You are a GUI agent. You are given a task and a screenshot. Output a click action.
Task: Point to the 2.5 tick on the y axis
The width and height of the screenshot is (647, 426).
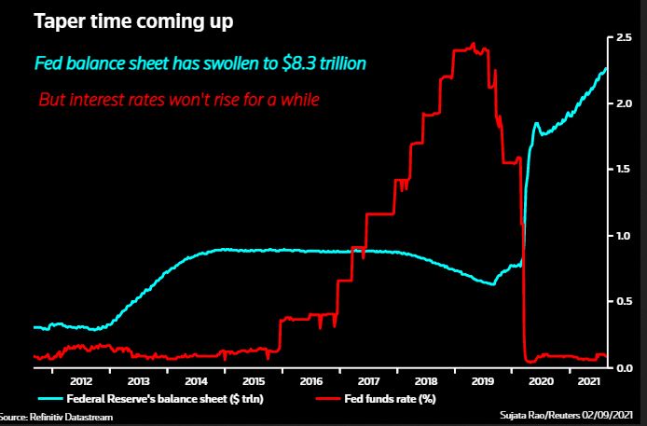(x=624, y=37)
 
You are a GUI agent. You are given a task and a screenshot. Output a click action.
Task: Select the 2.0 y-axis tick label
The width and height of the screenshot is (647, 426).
(x=624, y=103)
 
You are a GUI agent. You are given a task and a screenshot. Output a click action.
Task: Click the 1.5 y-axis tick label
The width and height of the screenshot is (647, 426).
(x=624, y=170)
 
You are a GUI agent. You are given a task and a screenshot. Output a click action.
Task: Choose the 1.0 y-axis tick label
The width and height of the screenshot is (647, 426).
(x=624, y=236)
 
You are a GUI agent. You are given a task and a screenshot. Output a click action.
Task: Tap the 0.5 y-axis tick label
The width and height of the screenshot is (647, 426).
(x=624, y=302)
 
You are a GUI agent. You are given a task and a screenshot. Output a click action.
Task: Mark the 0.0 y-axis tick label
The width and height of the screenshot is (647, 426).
(x=624, y=368)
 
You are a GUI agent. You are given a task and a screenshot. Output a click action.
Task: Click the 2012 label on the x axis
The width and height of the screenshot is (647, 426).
(x=80, y=380)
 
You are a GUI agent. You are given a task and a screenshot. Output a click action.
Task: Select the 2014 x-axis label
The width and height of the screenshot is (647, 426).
(x=195, y=380)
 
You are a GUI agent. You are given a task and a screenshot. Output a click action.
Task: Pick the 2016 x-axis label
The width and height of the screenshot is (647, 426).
(x=310, y=380)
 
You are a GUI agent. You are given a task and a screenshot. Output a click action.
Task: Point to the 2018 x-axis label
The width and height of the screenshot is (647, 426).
(x=425, y=380)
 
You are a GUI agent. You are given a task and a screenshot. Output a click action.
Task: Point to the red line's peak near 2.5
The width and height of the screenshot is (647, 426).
(x=474, y=44)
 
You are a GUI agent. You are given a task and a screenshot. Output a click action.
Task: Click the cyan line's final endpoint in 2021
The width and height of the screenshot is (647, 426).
(x=607, y=67)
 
